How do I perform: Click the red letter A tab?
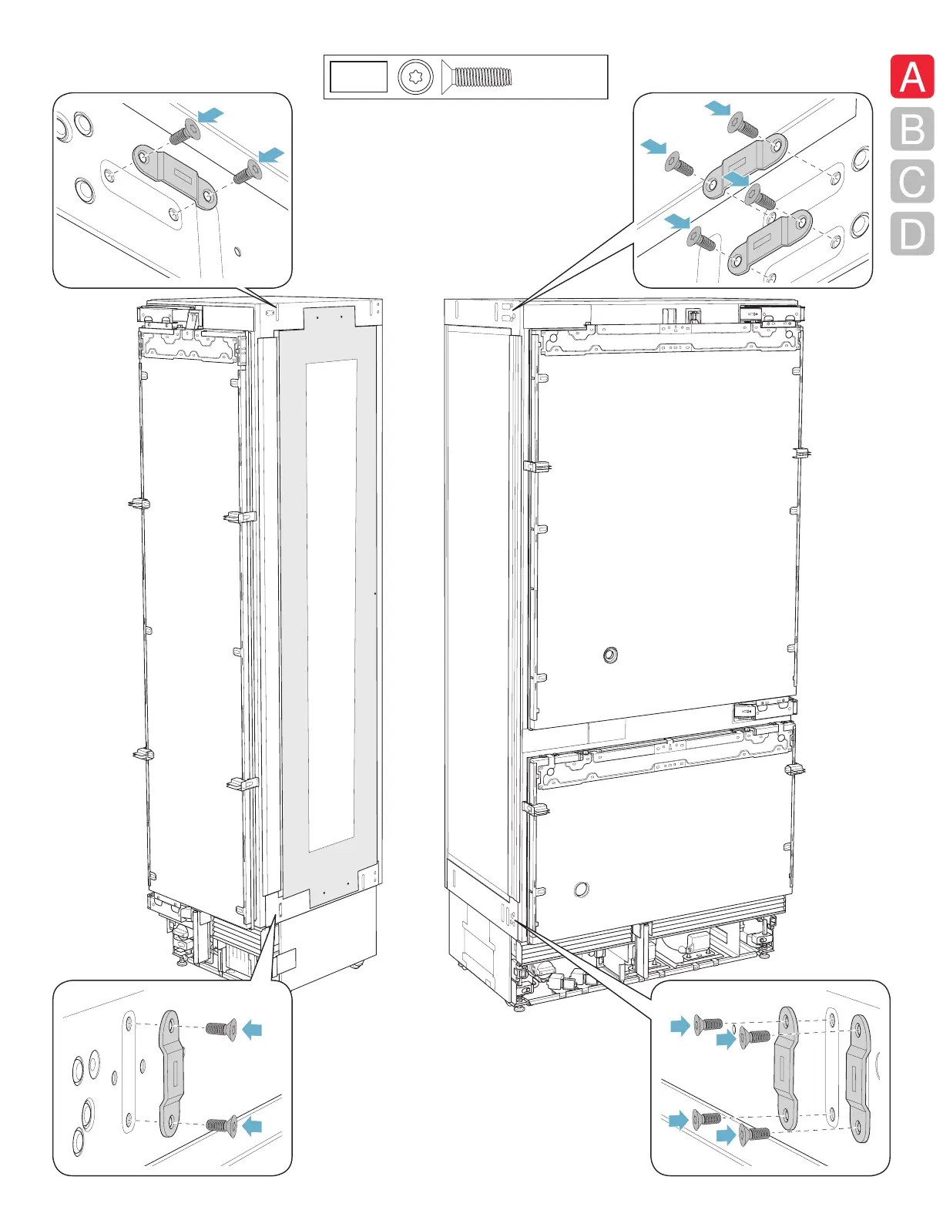pyautogui.click(x=912, y=76)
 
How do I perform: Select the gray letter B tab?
pyautogui.click(x=912, y=129)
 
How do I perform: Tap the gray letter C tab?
pyautogui.click(x=912, y=181)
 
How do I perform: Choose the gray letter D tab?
pyautogui.click(x=912, y=233)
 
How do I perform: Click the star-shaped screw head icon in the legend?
pyautogui.click(x=416, y=77)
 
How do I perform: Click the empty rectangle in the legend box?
pyautogui.click(x=358, y=77)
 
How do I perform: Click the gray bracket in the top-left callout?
pyautogui.click(x=175, y=176)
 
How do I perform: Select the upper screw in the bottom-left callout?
pyautogui.click(x=221, y=1029)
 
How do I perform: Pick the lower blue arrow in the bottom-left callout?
pyautogui.click(x=252, y=1126)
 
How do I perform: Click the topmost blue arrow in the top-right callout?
pyautogui.click(x=718, y=108)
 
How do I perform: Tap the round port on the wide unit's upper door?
pyautogui.click(x=610, y=655)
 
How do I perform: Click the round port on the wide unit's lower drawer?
pyautogui.click(x=582, y=889)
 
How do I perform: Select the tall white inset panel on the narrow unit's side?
pyautogui.click(x=332, y=605)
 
